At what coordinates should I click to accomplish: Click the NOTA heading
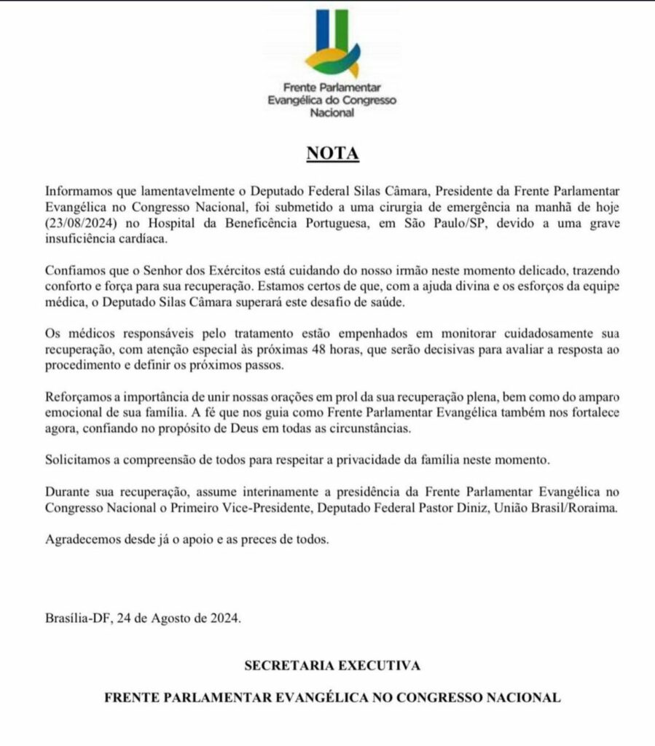[x=332, y=154]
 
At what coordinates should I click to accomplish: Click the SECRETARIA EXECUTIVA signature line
[x=332, y=665]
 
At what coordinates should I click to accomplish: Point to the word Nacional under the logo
[x=332, y=113]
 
